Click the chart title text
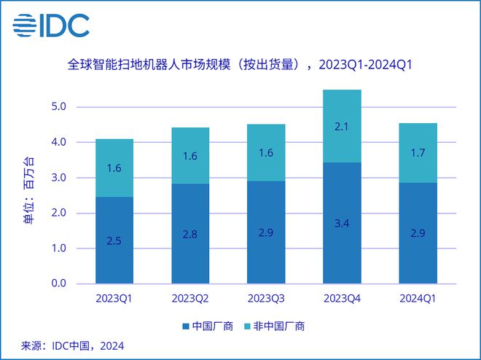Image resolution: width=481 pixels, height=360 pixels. pos(240,66)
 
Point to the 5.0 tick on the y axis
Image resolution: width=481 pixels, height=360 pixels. pos(60,107)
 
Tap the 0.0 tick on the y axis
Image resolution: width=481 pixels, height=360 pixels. pos(60,284)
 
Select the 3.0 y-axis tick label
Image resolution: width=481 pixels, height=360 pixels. pos(60,178)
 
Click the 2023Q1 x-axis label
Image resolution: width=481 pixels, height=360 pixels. pos(114,298)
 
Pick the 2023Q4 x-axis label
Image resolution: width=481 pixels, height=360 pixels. pos(342,298)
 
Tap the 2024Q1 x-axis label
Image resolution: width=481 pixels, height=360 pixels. pos(418,298)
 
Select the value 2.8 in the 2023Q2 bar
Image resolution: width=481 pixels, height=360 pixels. pos(189,235)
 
